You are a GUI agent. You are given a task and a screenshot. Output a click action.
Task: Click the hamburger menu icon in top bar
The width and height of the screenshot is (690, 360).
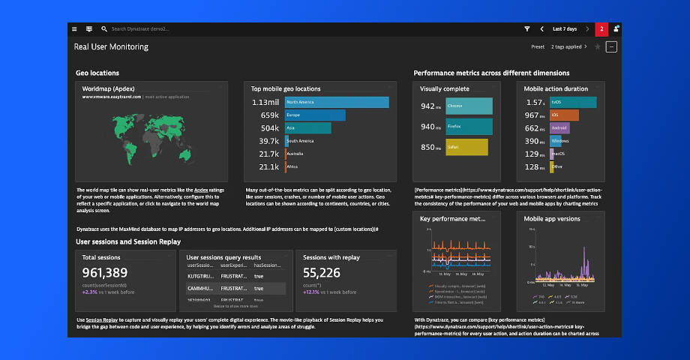coord(74,28)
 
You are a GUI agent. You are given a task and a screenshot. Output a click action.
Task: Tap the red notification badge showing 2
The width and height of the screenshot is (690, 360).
coord(601,28)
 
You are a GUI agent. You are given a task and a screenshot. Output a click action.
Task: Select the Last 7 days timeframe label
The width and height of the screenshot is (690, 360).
coord(564,28)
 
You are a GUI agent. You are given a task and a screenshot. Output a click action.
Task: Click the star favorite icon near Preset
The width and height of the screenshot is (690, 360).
coord(598,46)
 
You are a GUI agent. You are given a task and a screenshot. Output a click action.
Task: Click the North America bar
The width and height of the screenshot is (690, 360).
coord(337,102)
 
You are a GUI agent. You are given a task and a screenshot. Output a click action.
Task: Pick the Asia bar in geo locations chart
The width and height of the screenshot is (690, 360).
coord(307,128)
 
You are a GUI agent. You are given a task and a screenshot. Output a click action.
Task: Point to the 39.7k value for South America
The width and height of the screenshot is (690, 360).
coord(268,141)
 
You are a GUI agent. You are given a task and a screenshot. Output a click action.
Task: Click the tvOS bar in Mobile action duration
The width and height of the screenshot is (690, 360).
coord(572,102)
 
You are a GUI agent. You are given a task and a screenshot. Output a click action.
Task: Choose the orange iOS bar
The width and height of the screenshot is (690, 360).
coord(563,115)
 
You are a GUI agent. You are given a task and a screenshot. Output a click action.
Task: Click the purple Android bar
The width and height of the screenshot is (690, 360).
coord(559,128)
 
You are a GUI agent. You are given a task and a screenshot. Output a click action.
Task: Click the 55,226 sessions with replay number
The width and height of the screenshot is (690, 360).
coord(322,273)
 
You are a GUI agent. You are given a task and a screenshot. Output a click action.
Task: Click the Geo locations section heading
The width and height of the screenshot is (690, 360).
coord(97,73)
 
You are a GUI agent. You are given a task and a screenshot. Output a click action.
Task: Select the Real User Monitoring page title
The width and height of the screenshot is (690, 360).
coord(111,46)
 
